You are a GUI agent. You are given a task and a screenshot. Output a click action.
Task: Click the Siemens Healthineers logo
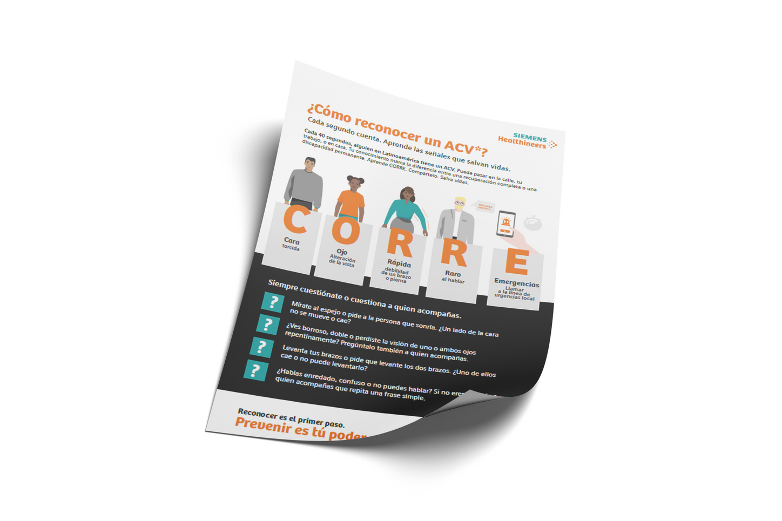tap(527, 141)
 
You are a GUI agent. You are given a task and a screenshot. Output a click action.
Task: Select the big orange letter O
tap(346, 231)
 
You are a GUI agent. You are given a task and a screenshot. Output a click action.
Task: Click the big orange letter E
tap(516, 262)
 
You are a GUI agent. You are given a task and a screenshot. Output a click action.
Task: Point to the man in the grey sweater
tap(304, 184)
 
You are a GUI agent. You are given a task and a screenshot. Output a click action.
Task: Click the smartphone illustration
tap(505, 224)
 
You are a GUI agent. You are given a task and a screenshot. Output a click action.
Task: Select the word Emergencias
tap(516, 283)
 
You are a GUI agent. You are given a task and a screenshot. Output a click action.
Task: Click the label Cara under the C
tap(292, 241)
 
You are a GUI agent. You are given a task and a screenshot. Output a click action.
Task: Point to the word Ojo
tap(342, 252)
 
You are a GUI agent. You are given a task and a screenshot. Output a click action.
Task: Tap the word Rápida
tap(399, 263)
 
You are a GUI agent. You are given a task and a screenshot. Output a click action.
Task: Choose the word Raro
tap(453, 274)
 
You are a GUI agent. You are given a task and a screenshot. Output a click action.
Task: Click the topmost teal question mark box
tap(273, 302)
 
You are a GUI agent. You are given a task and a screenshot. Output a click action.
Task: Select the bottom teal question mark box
tap(255, 370)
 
